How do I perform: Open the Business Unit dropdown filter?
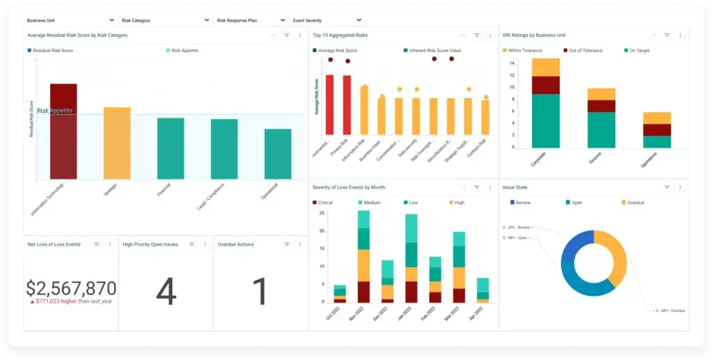70,21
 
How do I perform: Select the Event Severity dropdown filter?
327,21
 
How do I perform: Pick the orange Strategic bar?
117,143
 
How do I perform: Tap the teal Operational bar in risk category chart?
278,153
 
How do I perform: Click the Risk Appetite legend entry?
185,51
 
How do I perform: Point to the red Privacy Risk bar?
347,104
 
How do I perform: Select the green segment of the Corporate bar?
545,120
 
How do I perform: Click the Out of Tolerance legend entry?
584,51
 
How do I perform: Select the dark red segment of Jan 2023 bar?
411,291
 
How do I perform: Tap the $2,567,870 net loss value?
71,288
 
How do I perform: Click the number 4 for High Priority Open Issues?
166,292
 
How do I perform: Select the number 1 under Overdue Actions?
260,292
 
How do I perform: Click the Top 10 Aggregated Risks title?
340,35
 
